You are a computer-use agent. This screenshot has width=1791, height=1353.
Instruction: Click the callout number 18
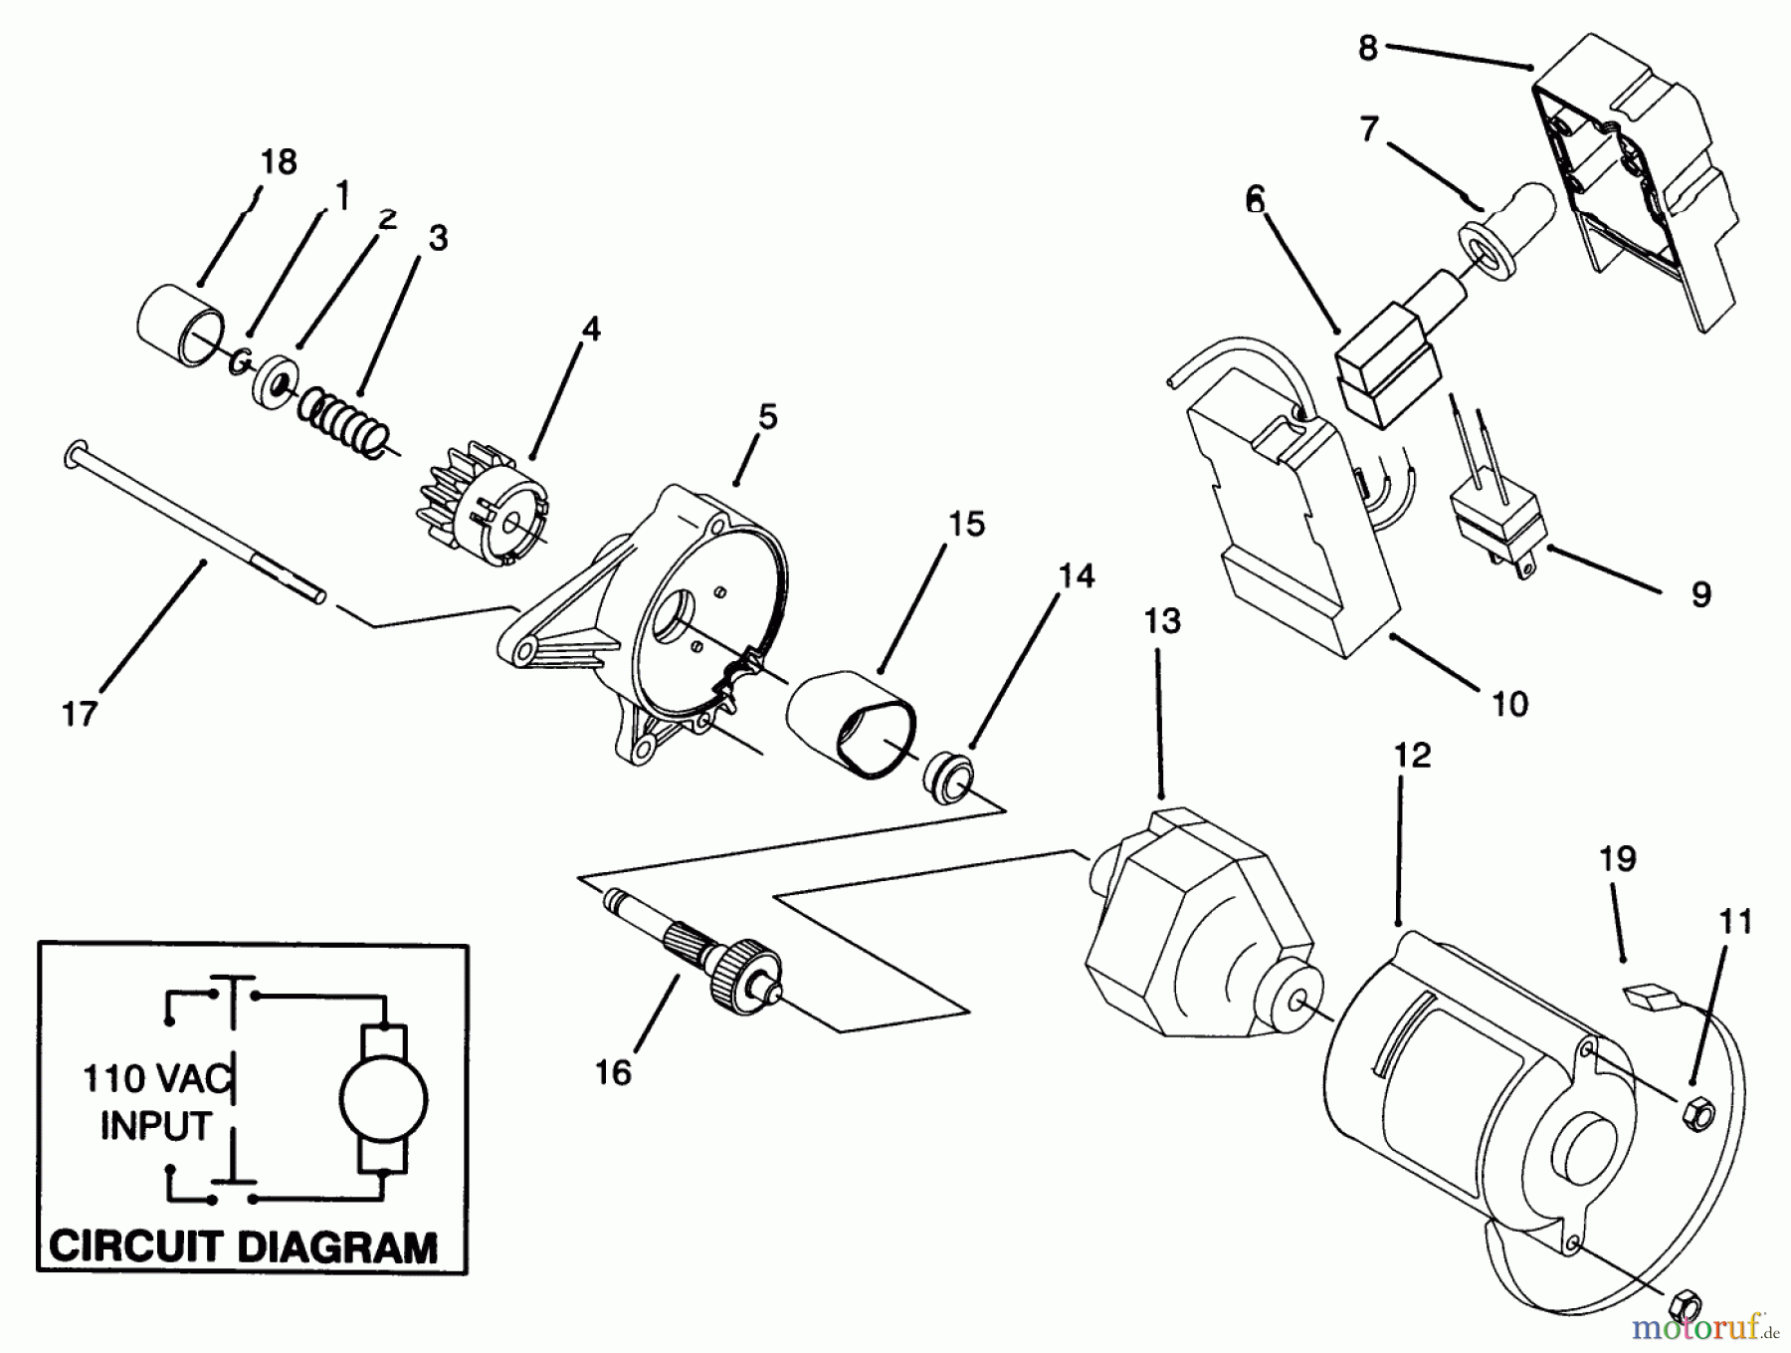tap(279, 162)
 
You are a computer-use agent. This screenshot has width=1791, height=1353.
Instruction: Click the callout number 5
tap(766, 417)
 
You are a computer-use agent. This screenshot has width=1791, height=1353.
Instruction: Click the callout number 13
tap(1161, 620)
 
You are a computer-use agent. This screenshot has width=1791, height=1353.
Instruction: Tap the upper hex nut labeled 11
tap(1698, 1115)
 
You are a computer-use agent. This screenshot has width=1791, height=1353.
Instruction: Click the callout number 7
tap(1369, 129)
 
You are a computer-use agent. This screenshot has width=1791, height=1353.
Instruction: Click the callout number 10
tap(1509, 705)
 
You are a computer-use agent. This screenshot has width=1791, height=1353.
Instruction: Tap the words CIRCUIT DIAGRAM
tap(243, 1245)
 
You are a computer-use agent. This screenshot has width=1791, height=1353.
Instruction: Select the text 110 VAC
tap(156, 1077)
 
